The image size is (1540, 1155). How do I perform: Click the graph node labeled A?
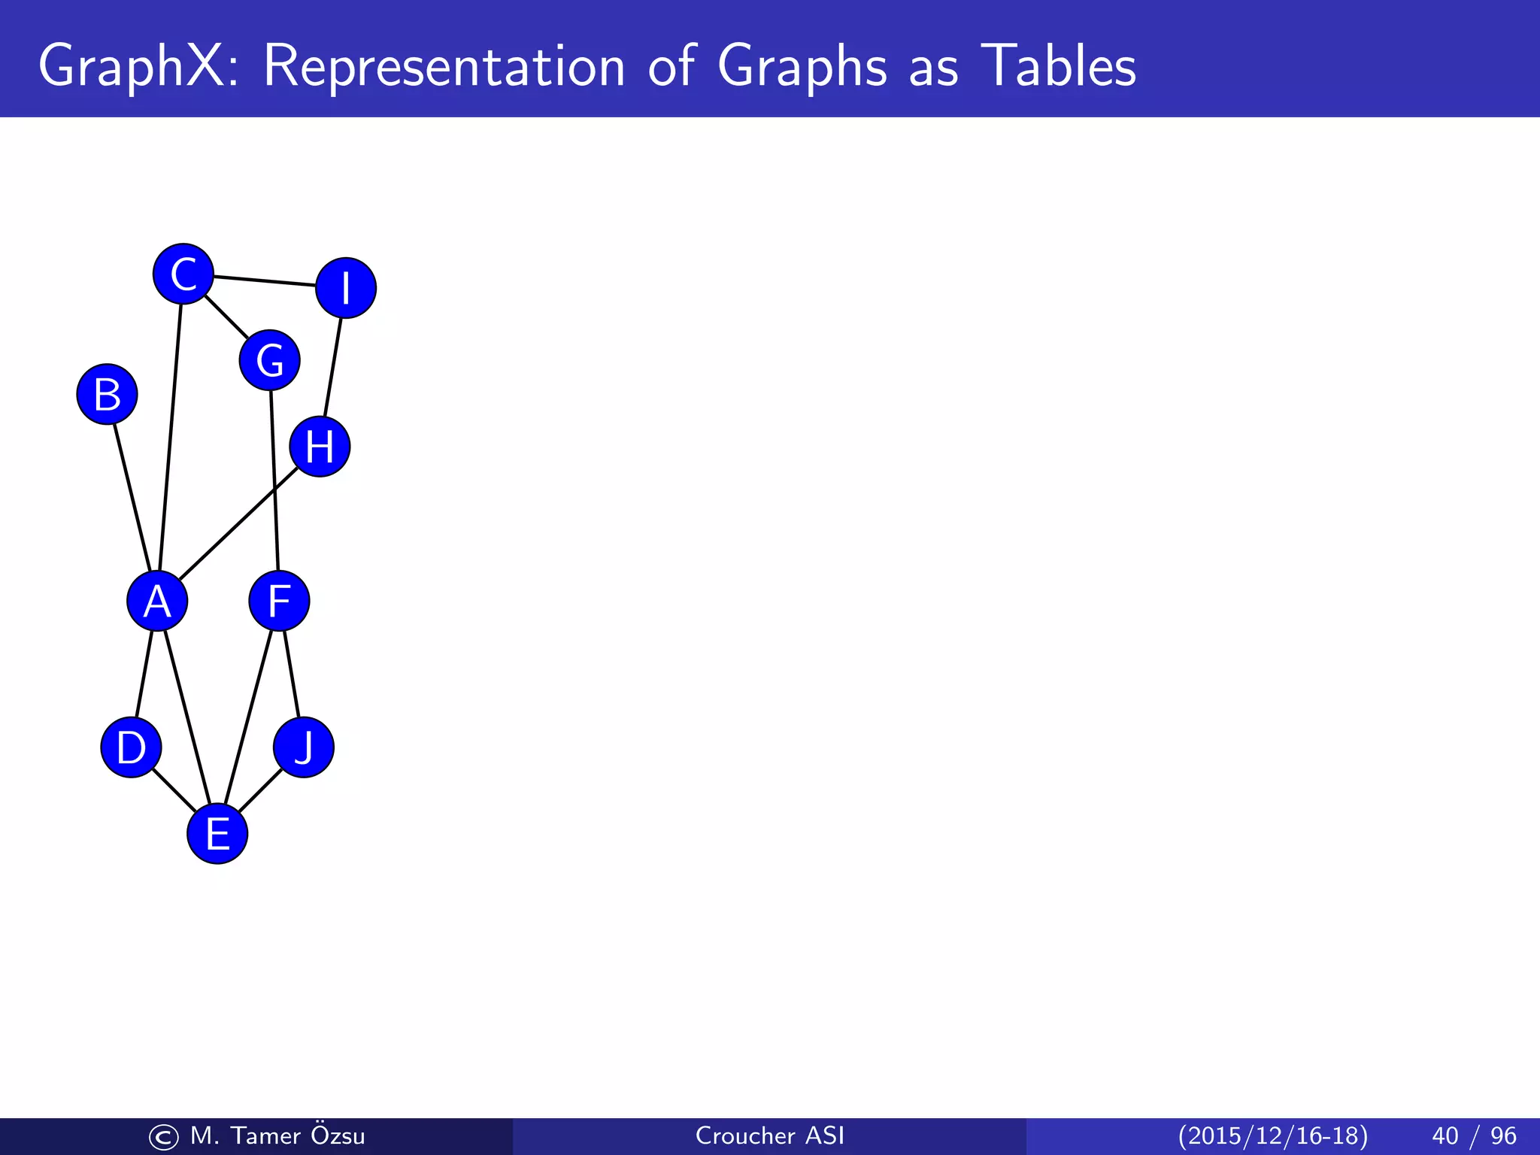157,601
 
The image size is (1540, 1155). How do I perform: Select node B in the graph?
107,394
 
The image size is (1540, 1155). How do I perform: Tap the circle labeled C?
183,274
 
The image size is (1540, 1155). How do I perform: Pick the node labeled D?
131,747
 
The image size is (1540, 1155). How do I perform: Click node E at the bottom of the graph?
217,833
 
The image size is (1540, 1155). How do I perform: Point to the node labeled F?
279,601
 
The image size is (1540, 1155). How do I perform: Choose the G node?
270,360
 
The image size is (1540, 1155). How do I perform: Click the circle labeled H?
320,447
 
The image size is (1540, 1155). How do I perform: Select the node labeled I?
346,288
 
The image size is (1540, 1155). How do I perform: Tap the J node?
304,747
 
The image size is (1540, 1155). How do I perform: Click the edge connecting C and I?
264,281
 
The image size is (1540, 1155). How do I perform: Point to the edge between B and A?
132,498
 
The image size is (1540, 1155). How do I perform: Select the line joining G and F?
274,480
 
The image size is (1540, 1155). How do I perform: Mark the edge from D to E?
174,790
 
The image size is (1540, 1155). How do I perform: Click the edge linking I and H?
332,368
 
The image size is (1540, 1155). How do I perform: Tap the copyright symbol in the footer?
163,1137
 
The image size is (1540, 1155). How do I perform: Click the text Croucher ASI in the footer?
770,1135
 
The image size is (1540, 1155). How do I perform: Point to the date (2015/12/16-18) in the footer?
1272,1135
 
